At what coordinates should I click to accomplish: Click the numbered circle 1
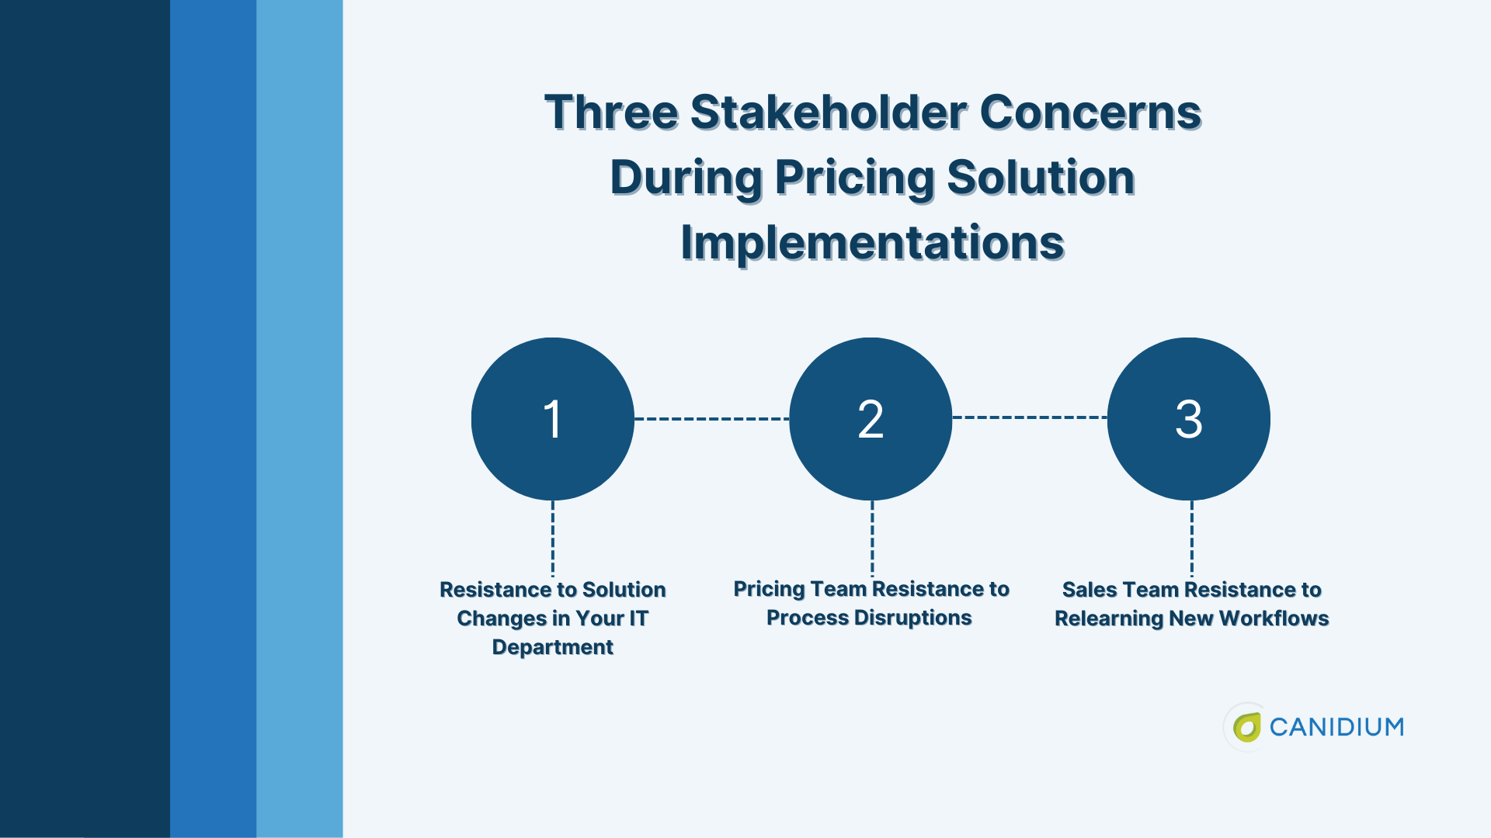pyautogui.click(x=553, y=419)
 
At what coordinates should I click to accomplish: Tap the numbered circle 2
pyautogui.click(x=871, y=419)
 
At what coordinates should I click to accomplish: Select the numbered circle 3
pyautogui.click(x=1189, y=419)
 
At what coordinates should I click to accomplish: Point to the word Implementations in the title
pyautogui.click(x=873, y=243)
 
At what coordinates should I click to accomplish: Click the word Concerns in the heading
pyautogui.click(x=1091, y=113)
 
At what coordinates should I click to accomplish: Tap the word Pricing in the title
pyautogui.click(x=855, y=178)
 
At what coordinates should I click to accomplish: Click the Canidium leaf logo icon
pyautogui.click(x=1246, y=727)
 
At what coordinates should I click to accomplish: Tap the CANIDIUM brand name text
pyautogui.click(x=1336, y=727)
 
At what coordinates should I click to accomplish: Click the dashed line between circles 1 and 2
pyautogui.click(x=711, y=419)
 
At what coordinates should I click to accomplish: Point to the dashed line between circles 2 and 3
pyautogui.click(x=1030, y=417)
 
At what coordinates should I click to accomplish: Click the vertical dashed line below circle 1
pyautogui.click(x=553, y=538)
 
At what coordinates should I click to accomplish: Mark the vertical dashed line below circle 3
pyautogui.click(x=1192, y=538)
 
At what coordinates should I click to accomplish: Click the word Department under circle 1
pyautogui.click(x=553, y=647)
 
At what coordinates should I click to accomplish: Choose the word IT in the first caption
pyautogui.click(x=638, y=618)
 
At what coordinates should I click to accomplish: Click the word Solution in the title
pyautogui.click(x=1041, y=178)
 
